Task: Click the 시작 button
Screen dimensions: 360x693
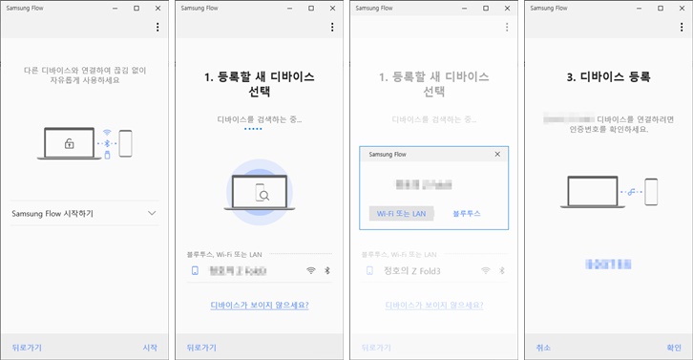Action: (149, 348)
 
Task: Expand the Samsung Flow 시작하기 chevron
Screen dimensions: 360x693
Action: (152, 214)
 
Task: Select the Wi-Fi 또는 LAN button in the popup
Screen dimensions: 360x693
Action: (401, 213)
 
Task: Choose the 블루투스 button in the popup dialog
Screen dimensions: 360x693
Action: (467, 213)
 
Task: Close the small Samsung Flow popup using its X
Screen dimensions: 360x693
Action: (497, 154)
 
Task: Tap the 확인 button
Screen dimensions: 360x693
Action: (674, 348)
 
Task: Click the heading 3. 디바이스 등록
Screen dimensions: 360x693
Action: (609, 76)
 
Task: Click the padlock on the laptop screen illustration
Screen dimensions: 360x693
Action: (69, 143)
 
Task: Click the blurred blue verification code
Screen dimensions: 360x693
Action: (608, 262)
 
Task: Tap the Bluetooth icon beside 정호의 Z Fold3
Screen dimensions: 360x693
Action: (502, 271)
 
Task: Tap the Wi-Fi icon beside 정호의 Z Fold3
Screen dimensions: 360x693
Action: (486, 271)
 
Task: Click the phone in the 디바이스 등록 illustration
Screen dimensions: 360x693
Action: (651, 190)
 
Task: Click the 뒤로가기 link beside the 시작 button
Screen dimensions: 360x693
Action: (28, 348)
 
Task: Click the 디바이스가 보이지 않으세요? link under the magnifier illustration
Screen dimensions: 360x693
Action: (260, 305)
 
